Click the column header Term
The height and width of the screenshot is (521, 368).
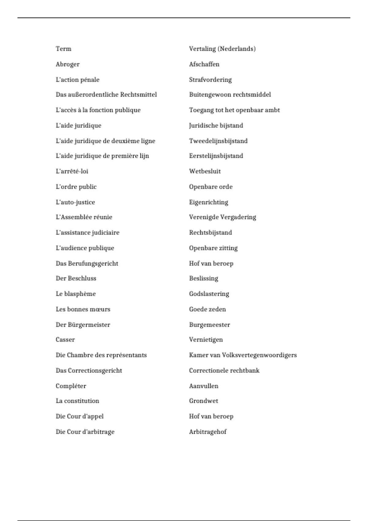(x=63, y=49)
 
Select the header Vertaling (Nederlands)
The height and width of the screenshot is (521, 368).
(x=222, y=49)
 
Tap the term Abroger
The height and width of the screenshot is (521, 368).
(x=67, y=64)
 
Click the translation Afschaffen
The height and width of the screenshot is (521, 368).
(x=204, y=64)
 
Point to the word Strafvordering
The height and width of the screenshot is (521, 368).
(x=210, y=80)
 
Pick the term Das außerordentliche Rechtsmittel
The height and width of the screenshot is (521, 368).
(x=106, y=94)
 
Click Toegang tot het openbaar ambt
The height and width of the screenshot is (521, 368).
(x=234, y=110)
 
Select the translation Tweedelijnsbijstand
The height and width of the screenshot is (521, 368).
(x=218, y=141)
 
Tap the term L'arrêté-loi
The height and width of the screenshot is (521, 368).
(x=72, y=171)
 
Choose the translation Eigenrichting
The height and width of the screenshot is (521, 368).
(x=209, y=202)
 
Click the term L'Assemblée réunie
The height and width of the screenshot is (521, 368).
(x=84, y=217)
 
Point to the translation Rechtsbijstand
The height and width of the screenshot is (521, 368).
(x=210, y=233)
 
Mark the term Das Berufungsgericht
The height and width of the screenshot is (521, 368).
(x=87, y=264)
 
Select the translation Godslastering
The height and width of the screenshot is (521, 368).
(x=209, y=294)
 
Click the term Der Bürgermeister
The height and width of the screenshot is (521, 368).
(x=83, y=325)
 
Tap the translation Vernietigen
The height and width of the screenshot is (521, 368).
(x=206, y=340)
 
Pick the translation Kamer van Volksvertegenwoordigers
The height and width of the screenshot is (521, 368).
(x=243, y=355)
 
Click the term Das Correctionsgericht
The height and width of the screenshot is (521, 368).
(x=89, y=371)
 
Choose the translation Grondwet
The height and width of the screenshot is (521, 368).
(x=204, y=401)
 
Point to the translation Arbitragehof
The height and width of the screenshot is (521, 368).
(x=208, y=432)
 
